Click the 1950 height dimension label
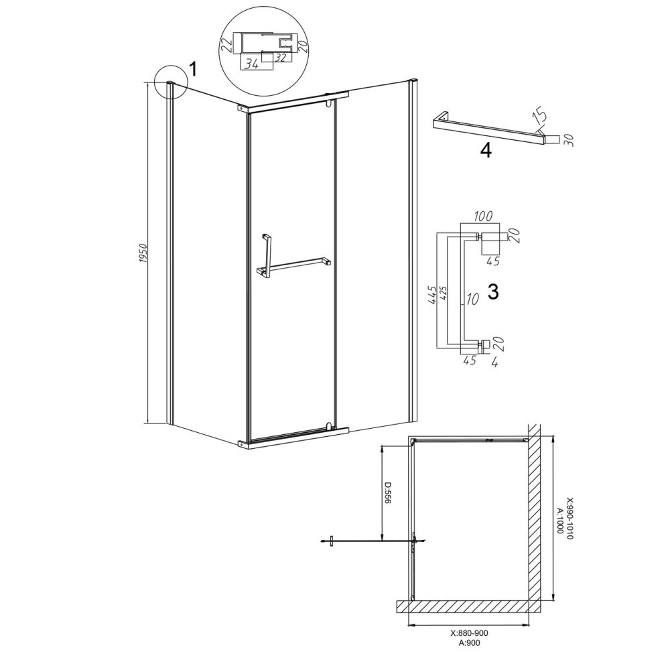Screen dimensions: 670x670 tap(143, 253)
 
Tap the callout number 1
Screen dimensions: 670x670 tap(193, 69)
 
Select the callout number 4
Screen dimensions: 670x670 tap(486, 150)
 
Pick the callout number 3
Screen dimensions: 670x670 tap(493, 292)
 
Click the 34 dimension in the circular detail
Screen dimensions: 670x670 tap(253, 65)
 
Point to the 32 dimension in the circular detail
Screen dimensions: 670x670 tap(280, 57)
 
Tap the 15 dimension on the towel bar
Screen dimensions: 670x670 tap(539, 117)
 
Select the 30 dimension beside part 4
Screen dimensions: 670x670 tap(568, 140)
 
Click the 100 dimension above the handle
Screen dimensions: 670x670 tap(483, 216)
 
